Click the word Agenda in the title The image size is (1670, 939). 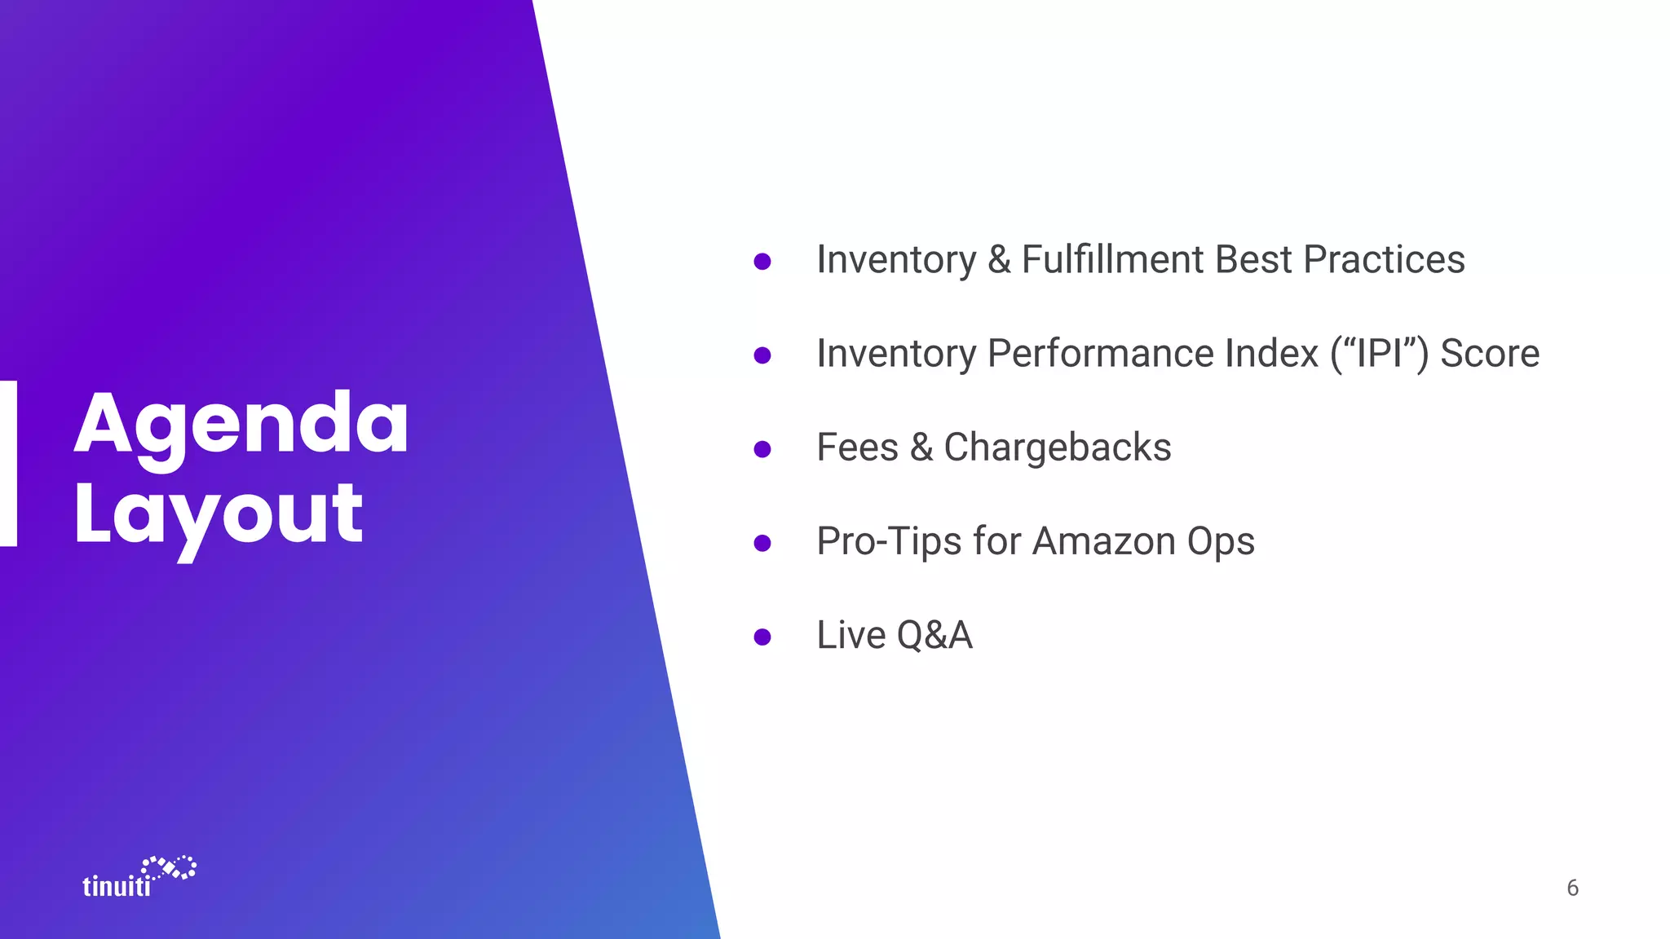point(241,425)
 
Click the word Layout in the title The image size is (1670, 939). point(218,515)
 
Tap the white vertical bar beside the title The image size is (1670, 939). point(8,463)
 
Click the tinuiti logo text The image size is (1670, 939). point(117,886)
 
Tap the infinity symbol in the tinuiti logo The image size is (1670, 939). point(170,867)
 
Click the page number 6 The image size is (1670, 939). point(1572,888)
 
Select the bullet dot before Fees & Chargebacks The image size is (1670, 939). point(762,449)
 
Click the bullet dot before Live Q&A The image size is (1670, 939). point(762,637)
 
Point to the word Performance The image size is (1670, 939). point(1152,354)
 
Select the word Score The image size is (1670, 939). point(1489,354)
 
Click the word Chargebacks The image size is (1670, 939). point(1057,447)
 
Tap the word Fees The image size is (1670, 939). point(857,447)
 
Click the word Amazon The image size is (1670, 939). point(1104,541)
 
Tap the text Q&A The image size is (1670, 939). point(934,635)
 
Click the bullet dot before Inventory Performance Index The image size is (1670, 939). point(762,355)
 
